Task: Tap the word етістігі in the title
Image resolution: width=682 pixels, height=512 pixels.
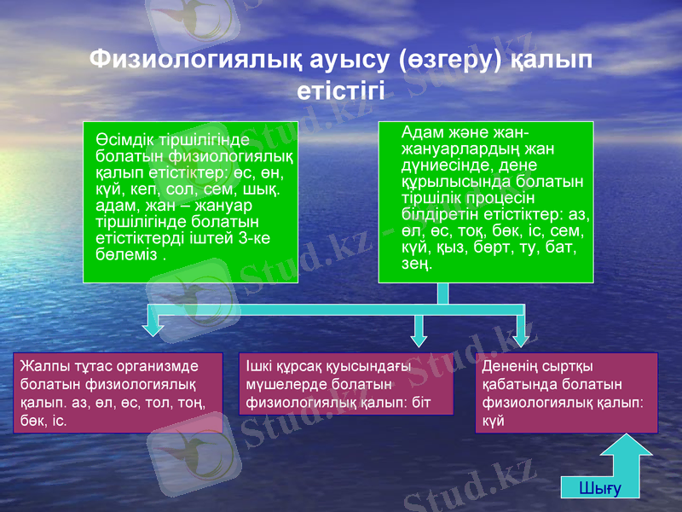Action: (x=340, y=90)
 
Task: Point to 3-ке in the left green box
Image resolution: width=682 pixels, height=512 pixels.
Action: (x=253, y=238)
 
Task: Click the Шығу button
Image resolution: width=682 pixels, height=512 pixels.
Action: (x=599, y=488)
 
